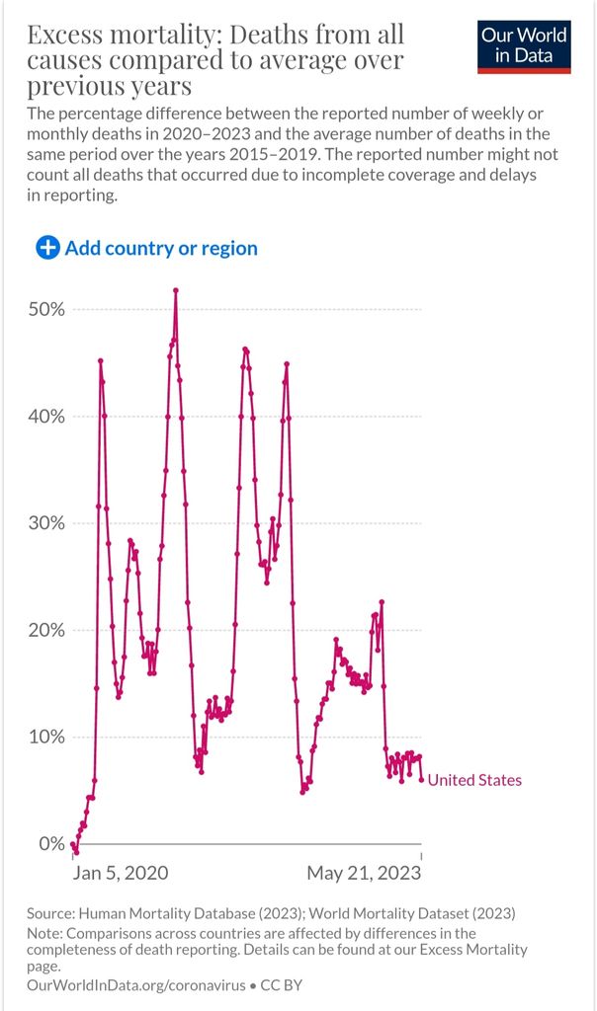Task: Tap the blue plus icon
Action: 47,248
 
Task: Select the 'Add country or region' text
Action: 161,248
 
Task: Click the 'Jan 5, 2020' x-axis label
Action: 121,873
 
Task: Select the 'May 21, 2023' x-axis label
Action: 364,873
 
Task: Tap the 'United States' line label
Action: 474,780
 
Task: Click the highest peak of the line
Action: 176,290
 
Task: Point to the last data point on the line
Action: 422,780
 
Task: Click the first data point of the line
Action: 73,845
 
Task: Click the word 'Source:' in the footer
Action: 51,913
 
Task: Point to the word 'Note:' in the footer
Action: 45,933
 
